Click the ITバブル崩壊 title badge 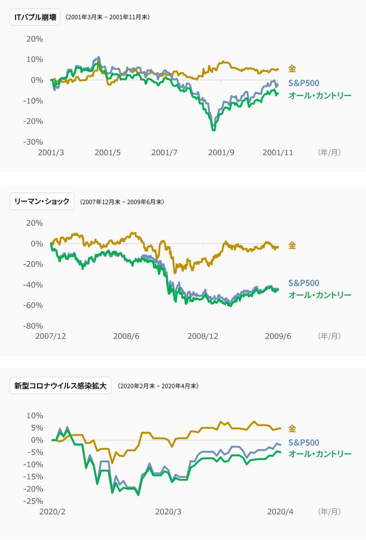35,18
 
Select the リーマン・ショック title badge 42,202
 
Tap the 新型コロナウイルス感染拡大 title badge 60,386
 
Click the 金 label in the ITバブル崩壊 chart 292,69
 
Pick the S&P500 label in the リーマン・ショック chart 303,283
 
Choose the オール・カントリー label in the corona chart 320,454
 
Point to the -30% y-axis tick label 33,142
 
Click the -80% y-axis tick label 33,326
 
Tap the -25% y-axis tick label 33,501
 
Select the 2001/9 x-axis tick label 221,153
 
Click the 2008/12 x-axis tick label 203,336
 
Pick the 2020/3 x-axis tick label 168,512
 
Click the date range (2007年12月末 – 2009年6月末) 122,202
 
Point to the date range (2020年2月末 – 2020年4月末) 158,386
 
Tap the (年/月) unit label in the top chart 329,153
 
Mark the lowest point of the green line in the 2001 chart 213,130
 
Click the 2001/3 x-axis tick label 51,153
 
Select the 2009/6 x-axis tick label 278,336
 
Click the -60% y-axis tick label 33,305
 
